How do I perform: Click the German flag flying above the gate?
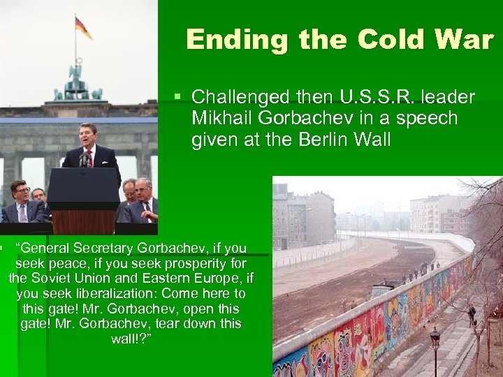(83, 27)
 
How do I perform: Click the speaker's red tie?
(89, 158)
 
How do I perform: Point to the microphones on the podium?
(85, 161)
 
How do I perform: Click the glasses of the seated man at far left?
(18, 190)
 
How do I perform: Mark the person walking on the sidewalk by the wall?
(472, 316)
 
